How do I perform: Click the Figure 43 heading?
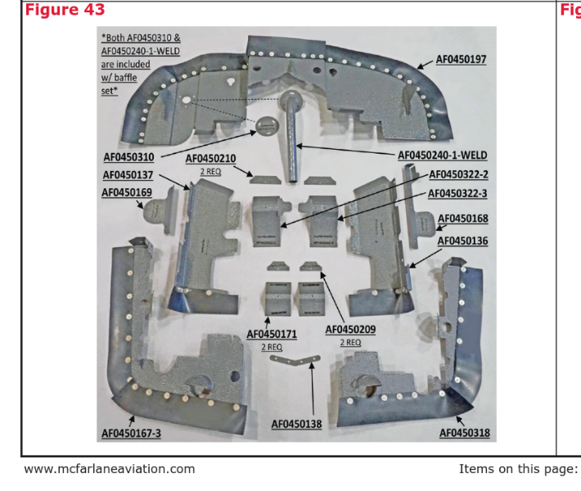pyautogui.click(x=65, y=10)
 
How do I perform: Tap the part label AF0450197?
pyautogui.click(x=461, y=60)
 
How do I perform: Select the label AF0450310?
pyautogui.click(x=128, y=157)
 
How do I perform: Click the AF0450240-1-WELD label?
pyautogui.click(x=442, y=155)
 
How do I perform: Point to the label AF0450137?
pyautogui.click(x=128, y=175)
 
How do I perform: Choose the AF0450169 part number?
pyautogui.click(x=127, y=193)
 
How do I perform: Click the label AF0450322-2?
pyautogui.click(x=458, y=174)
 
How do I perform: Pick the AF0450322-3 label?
pyautogui.click(x=458, y=194)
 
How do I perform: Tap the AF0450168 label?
pyautogui.click(x=463, y=218)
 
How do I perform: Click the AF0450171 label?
pyautogui.click(x=272, y=335)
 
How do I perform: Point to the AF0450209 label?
pyautogui.click(x=350, y=329)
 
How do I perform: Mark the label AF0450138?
pyautogui.click(x=296, y=424)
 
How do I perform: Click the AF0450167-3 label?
pyautogui.click(x=131, y=433)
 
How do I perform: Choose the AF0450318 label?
pyautogui.click(x=465, y=433)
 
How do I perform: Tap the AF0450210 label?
pyautogui.click(x=210, y=159)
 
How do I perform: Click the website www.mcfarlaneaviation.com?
pyautogui.click(x=110, y=469)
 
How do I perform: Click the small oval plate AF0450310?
pyautogui.click(x=266, y=125)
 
